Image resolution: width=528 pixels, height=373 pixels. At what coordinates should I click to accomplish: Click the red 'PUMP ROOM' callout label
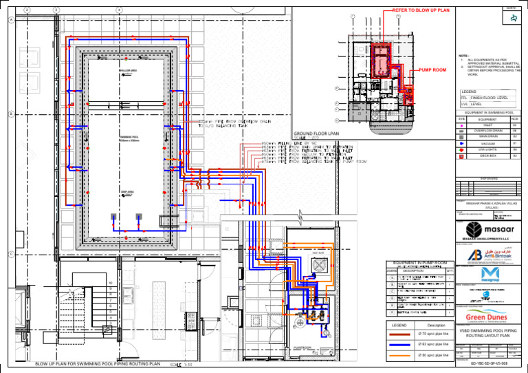coord(432,70)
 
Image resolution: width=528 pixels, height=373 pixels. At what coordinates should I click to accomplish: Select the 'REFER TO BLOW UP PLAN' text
coord(420,11)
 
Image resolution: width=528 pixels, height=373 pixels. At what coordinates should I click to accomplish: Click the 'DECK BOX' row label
coord(488,156)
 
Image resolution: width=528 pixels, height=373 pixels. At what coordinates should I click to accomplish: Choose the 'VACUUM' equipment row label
coord(488,143)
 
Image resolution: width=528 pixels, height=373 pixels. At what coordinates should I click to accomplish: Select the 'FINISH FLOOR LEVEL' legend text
coord(493,98)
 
